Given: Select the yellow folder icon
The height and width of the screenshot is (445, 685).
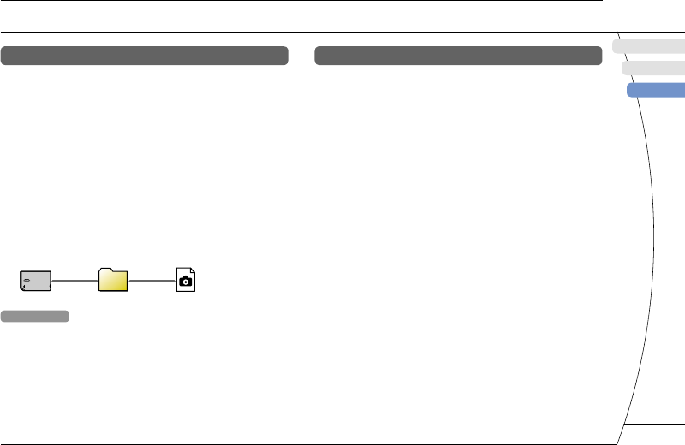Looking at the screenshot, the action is (113, 280).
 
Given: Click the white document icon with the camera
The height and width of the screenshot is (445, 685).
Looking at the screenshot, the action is (186, 279).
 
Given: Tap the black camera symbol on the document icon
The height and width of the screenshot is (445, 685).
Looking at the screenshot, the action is (186, 281).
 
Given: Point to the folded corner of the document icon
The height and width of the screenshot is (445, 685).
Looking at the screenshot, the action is (193, 270).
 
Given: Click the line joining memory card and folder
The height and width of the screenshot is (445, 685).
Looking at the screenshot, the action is (75, 280).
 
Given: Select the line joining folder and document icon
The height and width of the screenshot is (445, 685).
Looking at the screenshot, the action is (152, 280).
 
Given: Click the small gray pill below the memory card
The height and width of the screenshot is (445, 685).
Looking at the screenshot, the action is (35, 317).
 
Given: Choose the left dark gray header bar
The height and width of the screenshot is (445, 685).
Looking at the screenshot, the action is (144, 56).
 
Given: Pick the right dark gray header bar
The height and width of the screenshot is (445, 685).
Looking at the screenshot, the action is (458, 56).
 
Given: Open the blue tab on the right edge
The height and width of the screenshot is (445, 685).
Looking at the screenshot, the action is (657, 90).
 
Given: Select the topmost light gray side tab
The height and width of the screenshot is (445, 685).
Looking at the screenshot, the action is (649, 46).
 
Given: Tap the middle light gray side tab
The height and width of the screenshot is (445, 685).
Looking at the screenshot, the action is (653, 68).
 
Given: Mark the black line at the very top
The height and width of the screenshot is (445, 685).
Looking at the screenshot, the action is (300, 1).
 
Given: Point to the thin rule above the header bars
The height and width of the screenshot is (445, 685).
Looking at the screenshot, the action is (300, 33).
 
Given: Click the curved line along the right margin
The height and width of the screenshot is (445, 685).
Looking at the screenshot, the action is (645, 257).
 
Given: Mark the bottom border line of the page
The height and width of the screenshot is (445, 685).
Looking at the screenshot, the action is (308, 443).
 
